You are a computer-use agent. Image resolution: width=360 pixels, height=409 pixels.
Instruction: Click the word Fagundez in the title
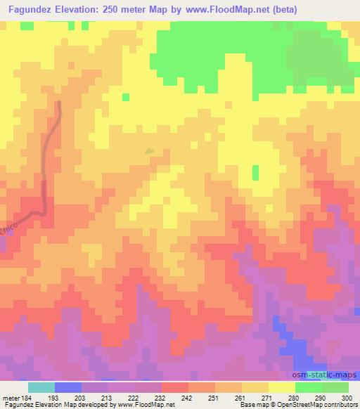(x=30, y=10)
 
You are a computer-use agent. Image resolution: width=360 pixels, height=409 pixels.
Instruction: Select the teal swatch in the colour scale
(x=41, y=387)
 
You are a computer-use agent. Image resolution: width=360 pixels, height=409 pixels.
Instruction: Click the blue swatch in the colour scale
(x=68, y=387)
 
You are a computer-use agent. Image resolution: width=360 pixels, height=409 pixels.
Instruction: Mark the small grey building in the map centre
(x=149, y=150)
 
